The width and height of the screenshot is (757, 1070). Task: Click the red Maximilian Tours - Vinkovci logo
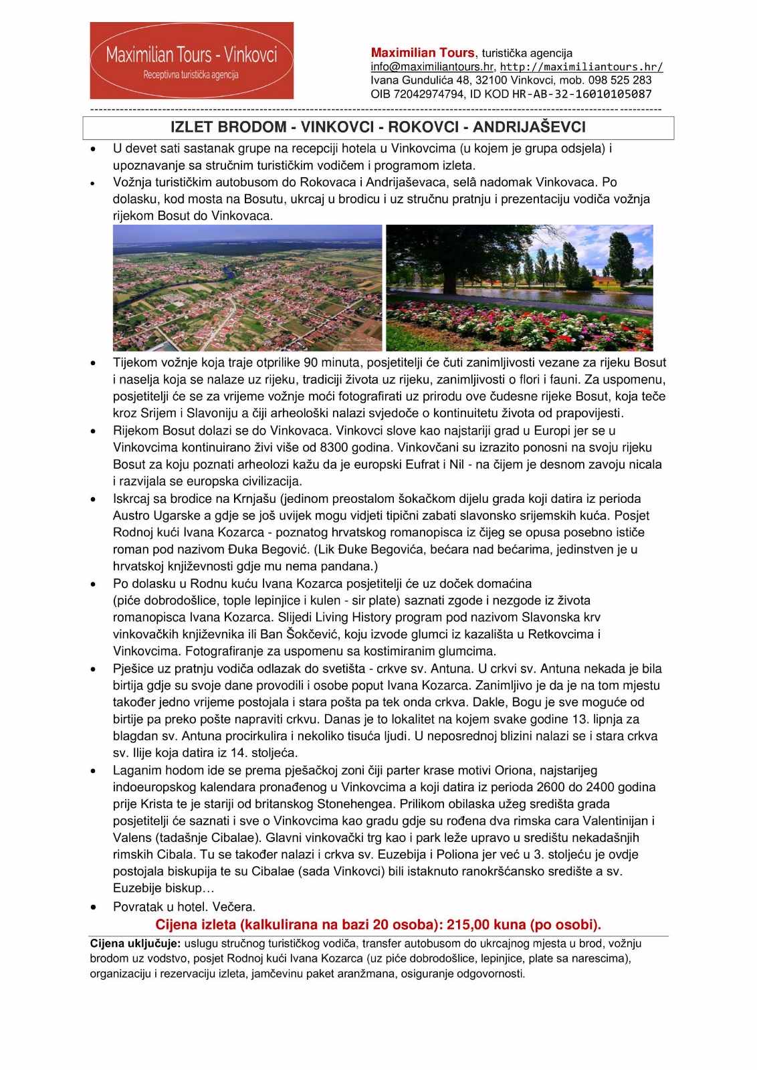(x=192, y=61)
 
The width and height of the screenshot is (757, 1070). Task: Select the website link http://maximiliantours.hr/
(x=581, y=66)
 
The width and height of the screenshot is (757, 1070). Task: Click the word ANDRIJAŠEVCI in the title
(x=529, y=127)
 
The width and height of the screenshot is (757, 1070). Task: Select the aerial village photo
(x=247, y=288)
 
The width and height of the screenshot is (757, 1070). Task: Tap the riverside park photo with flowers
(x=520, y=288)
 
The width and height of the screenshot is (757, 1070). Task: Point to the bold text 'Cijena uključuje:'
(x=135, y=944)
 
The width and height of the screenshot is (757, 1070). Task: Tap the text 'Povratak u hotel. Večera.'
(x=184, y=907)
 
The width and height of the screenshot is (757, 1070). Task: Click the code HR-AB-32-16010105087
(x=582, y=94)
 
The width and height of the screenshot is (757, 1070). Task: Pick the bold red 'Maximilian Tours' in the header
(x=423, y=52)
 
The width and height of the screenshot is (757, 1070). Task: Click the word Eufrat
(x=423, y=464)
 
